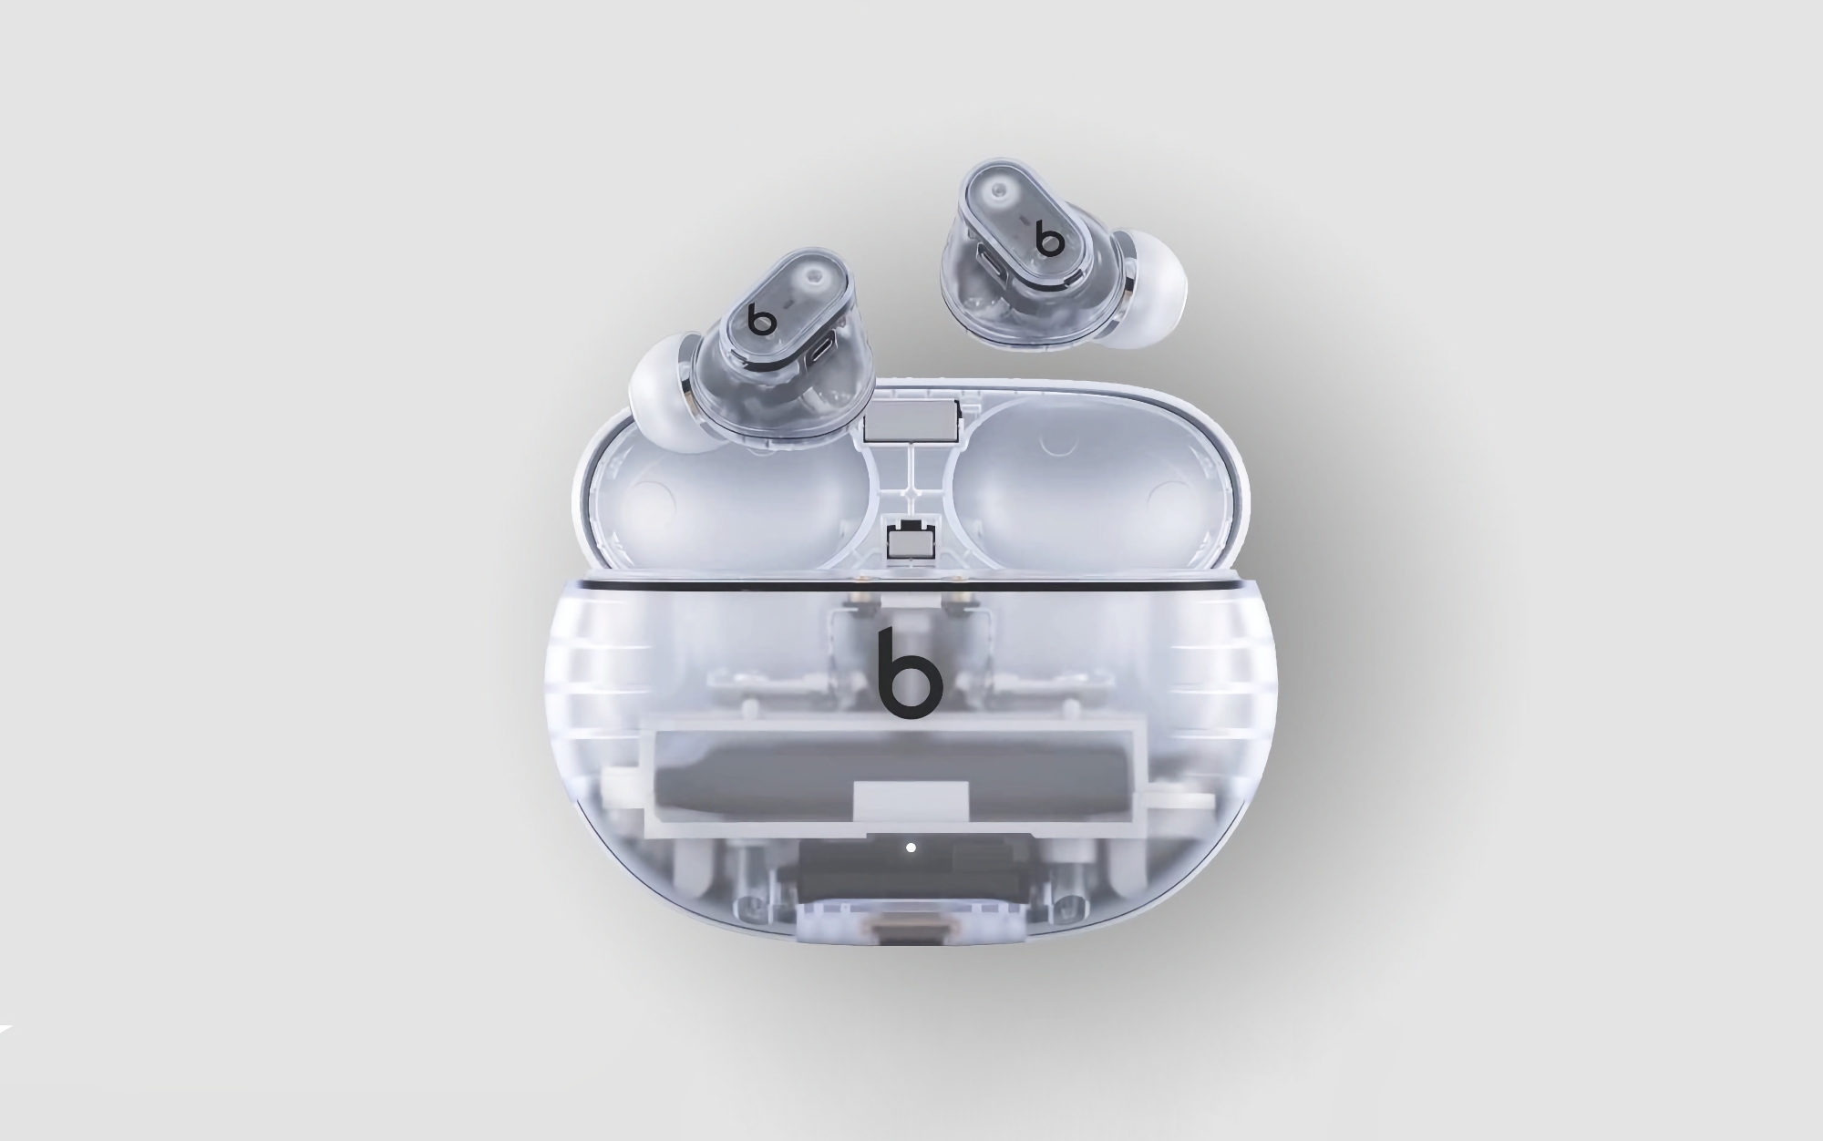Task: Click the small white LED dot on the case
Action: [x=911, y=848]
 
